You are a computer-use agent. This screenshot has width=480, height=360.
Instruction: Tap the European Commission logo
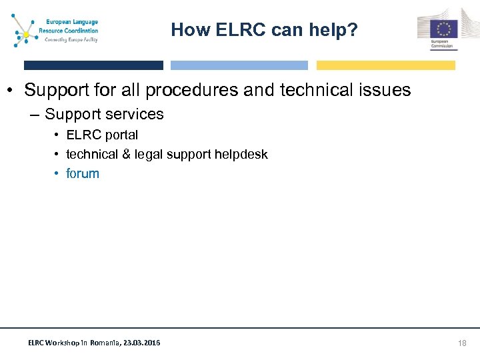click(x=437, y=30)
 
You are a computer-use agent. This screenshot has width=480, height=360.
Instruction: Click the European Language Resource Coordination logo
click(x=56, y=31)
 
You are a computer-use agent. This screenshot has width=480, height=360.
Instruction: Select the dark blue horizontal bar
click(x=93, y=65)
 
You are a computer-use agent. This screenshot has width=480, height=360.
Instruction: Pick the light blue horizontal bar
click(x=239, y=65)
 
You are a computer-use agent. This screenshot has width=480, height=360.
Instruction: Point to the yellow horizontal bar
click(x=385, y=65)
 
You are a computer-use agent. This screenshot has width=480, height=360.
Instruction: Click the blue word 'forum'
click(x=83, y=174)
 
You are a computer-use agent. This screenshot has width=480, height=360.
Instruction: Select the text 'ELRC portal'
click(x=102, y=135)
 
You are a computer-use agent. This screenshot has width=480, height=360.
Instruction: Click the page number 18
click(x=463, y=343)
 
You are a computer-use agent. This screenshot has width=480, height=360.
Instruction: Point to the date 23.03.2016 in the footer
click(x=141, y=343)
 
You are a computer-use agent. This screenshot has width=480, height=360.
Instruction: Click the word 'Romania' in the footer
click(x=105, y=343)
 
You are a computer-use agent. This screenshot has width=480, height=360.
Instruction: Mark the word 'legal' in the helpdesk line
click(x=148, y=155)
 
